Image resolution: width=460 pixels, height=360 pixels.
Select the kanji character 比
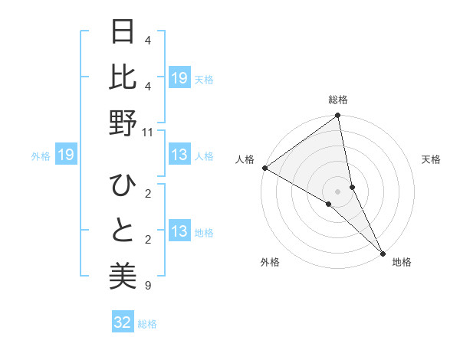(x=123, y=79)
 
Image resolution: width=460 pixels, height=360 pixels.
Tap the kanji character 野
(x=123, y=123)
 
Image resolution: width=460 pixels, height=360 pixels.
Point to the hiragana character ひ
(x=123, y=186)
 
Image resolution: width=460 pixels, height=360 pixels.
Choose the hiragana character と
(x=123, y=231)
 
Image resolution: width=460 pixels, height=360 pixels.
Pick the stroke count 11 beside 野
(x=148, y=133)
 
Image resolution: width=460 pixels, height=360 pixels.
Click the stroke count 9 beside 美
(x=147, y=286)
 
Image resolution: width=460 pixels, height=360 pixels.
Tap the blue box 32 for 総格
(x=123, y=322)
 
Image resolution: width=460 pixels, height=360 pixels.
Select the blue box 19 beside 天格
(x=179, y=78)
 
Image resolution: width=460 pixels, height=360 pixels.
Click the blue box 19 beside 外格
(x=65, y=155)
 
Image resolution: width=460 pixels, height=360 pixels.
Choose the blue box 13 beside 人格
(x=179, y=155)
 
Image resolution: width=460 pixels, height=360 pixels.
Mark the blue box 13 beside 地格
(x=179, y=231)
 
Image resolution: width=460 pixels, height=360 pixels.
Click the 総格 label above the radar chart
(x=338, y=100)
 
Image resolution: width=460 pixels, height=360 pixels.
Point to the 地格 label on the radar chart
(x=402, y=262)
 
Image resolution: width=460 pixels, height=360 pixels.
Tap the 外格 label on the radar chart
(x=270, y=262)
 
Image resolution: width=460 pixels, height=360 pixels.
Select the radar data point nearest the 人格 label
(x=264, y=168)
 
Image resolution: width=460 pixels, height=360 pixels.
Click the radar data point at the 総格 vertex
(x=338, y=116)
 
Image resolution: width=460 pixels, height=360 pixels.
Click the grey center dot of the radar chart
(x=338, y=191)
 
